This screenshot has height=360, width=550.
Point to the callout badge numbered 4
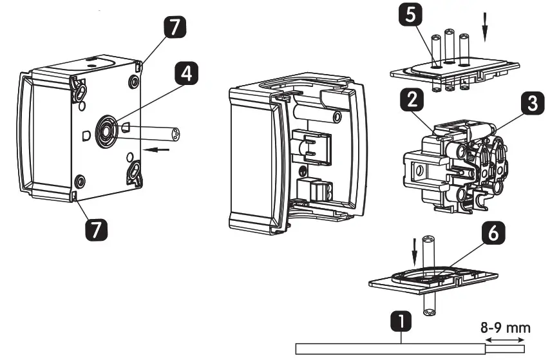click(185, 75)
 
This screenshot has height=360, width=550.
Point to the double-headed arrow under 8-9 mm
click(506, 340)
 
